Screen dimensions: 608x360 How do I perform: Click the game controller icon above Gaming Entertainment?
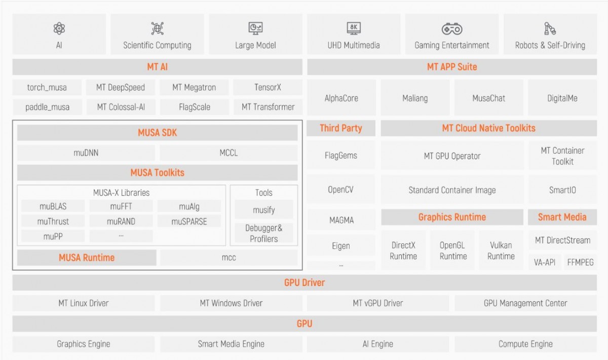click(452, 29)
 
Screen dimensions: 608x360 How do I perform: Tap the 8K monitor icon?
click(354, 28)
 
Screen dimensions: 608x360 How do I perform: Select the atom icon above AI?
click(59, 28)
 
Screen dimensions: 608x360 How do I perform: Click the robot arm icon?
click(550, 28)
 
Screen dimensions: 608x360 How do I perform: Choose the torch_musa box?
click(47, 88)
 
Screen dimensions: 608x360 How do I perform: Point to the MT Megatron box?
click(194, 88)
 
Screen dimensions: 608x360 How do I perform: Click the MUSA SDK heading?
click(158, 132)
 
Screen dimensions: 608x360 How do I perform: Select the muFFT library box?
click(121, 206)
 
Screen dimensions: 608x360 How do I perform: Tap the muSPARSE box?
click(189, 222)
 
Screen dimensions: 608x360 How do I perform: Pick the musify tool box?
click(264, 210)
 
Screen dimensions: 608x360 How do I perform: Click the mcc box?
click(229, 257)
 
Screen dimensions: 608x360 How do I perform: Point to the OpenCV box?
click(341, 189)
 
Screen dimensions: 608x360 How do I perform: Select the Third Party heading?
click(341, 128)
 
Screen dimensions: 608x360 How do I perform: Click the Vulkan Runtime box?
click(501, 250)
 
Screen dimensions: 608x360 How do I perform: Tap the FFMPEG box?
click(580, 262)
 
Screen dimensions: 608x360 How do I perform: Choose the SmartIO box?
click(562, 190)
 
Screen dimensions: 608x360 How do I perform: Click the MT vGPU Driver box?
click(378, 303)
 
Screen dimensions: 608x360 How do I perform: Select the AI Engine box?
click(378, 344)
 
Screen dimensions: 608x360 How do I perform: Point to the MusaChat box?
click(489, 98)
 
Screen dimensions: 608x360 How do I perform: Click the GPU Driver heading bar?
click(305, 282)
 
